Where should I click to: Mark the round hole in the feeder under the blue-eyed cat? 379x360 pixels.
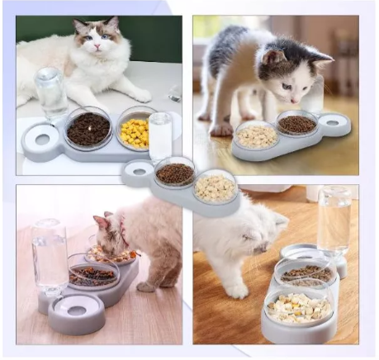click(39, 140)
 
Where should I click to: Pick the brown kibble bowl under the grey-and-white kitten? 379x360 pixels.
click(297, 124)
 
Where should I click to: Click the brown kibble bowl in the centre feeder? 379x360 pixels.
click(174, 173)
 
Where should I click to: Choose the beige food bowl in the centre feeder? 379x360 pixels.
click(216, 187)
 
